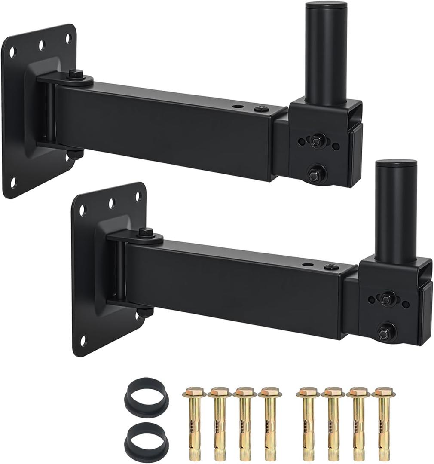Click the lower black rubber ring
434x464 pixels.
tap(147, 436)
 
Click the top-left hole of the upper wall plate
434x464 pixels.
tap(12, 52)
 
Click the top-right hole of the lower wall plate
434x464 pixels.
tap(138, 196)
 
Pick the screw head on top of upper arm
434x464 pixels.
tap(261, 109)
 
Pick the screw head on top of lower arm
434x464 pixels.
tap(331, 267)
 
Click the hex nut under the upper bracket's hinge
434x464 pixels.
tap(75, 153)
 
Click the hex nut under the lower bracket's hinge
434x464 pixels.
tap(145, 311)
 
